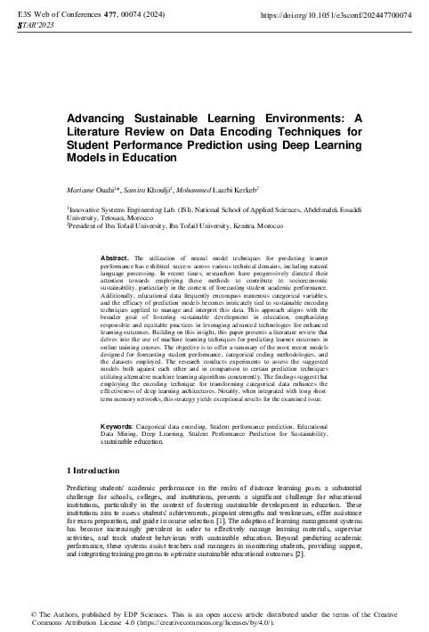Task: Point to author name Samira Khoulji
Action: tap(142, 191)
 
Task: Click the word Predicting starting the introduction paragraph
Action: tap(85, 488)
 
